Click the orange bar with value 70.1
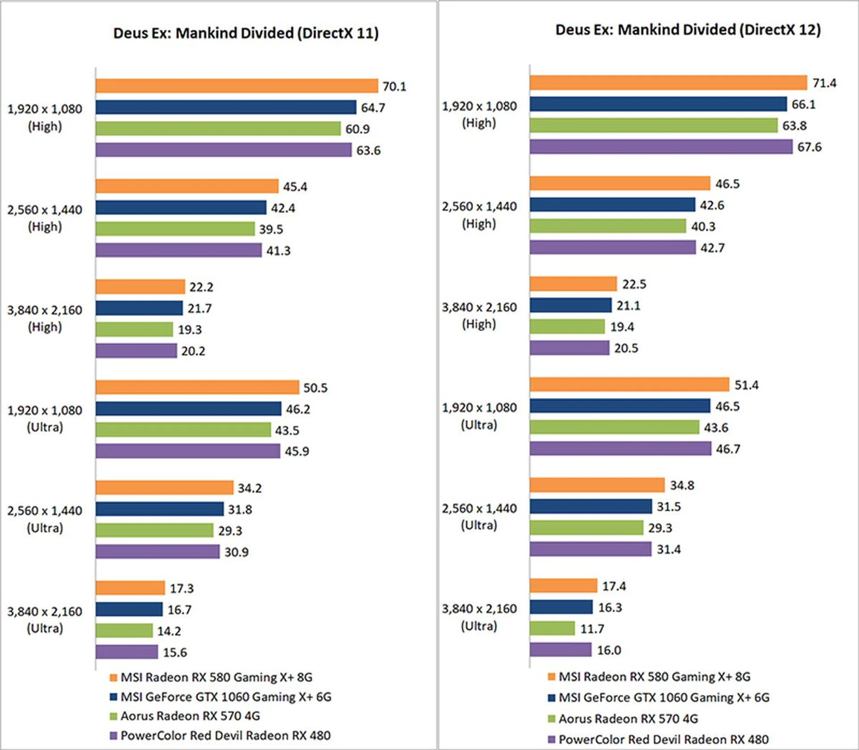point(237,86)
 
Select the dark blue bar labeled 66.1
point(658,104)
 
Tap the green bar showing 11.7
point(552,628)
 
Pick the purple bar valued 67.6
point(661,147)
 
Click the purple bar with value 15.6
point(127,652)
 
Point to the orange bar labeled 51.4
point(629,385)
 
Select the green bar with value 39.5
point(175,229)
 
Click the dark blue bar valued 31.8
point(159,509)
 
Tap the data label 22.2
point(201,287)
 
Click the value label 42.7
point(712,248)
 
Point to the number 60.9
point(357,129)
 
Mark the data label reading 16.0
point(609,650)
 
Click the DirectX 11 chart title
point(246,33)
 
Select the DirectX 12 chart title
point(688,30)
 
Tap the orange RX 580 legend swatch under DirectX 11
point(114,678)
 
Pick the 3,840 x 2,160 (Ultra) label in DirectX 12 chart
point(479,617)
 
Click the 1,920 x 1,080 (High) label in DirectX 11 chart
point(45,118)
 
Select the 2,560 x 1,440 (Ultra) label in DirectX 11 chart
point(45,519)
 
